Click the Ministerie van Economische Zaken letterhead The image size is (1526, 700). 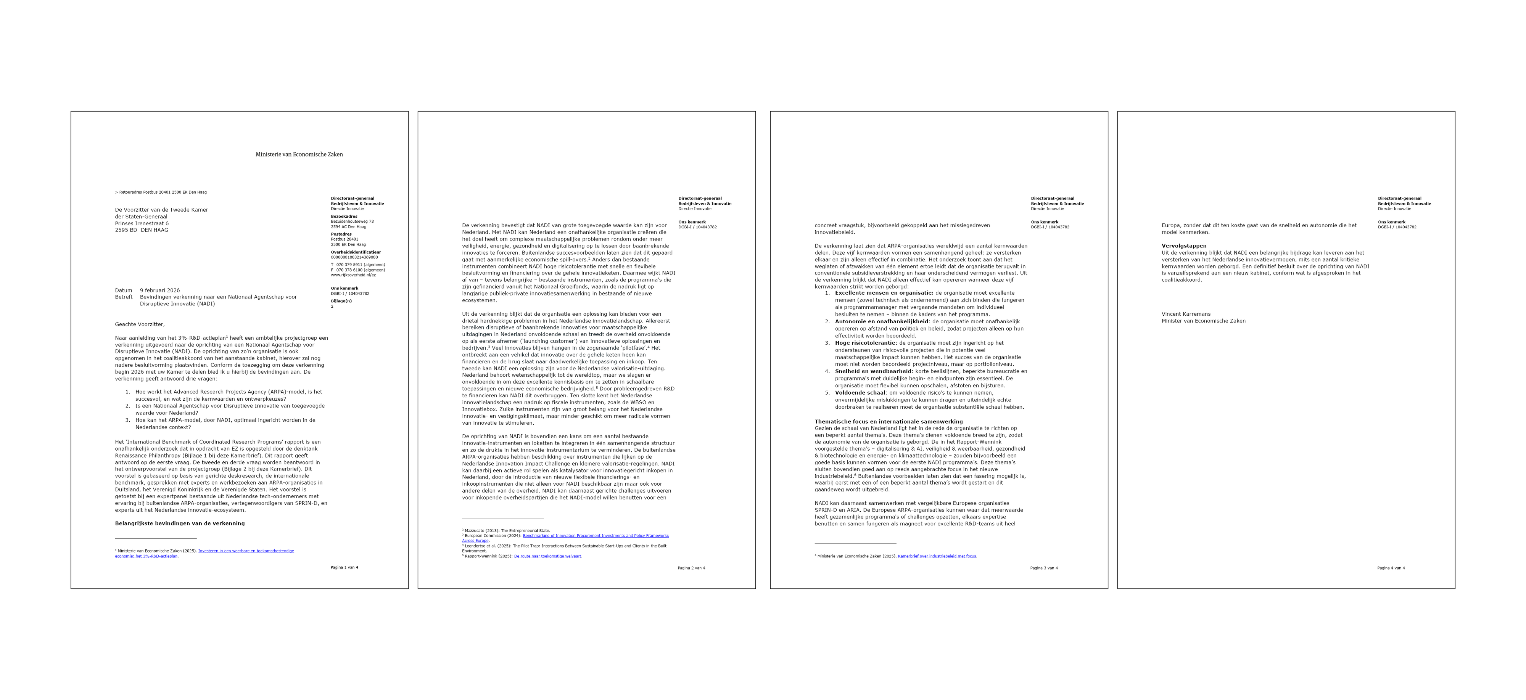coord(299,154)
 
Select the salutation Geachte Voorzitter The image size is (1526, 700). coord(140,324)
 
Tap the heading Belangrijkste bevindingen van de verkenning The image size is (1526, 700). coord(179,523)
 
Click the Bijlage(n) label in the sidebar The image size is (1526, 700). coord(341,301)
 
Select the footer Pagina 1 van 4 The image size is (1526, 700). coord(344,567)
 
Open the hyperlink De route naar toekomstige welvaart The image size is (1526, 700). coord(547,556)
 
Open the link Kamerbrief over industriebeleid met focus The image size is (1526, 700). coord(937,556)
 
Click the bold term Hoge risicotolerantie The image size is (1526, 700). coord(865,343)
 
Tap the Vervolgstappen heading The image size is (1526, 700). coord(1183,246)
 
